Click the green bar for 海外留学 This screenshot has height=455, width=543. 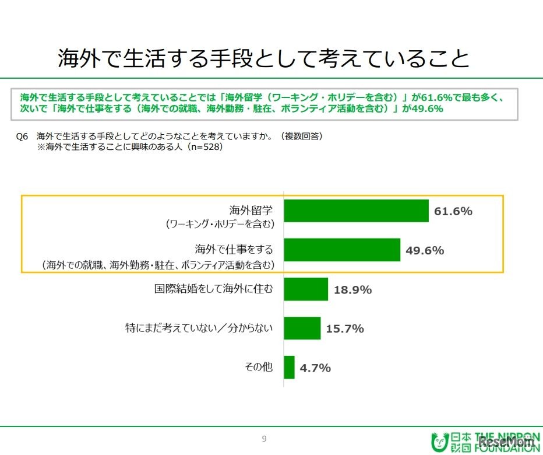pyautogui.click(x=356, y=211)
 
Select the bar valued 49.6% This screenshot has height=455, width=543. pyautogui.click(x=342, y=250)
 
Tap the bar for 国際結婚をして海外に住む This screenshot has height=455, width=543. pyautogui.click(x=306, y=289)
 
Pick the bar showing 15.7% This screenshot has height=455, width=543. pyautogui.click(x=302, y=328)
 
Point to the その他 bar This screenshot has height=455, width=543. pyautogui.click(x=290, y=367)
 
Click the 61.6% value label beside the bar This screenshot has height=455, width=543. pyautogui.click(x=453, y=211)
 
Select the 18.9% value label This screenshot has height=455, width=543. pyautogui.click(x=352, y=289)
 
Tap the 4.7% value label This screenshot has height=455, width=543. pyautogui.click(x=315, y=367)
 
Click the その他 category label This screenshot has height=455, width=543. pyautogui.click(x=259, y=367)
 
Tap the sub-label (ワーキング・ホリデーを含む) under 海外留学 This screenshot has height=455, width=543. pyautogui.click(x=219, y=223)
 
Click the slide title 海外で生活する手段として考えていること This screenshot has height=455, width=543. pyautogui.click(x=263, y=58)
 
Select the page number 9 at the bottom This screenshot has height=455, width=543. pyautogui.click(x=265, y=439)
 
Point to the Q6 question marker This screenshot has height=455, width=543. pyautogui.click(x=22, y=136)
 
